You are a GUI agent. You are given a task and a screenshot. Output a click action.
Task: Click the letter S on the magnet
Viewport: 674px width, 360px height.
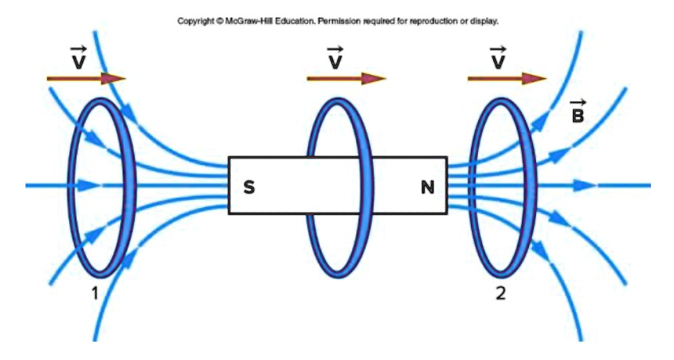click(249, 189)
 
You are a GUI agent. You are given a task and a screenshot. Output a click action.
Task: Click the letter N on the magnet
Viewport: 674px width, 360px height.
click(428, 189)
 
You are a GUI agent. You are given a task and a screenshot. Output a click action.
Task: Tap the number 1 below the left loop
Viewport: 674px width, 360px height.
click(94, 293)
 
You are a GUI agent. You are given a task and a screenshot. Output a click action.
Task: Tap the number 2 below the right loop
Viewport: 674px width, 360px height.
click(500, 293)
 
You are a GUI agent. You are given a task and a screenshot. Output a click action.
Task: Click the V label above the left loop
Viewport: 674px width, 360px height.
click(78, 59)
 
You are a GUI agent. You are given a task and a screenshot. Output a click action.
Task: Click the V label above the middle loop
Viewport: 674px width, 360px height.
click(335, 59)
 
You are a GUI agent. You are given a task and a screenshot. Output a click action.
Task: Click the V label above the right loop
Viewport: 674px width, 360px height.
click(498, 59)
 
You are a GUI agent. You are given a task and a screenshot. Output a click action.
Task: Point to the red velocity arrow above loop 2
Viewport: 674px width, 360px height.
click(507, 78)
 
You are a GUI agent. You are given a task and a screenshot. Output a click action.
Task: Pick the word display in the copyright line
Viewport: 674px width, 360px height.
click(483, 22)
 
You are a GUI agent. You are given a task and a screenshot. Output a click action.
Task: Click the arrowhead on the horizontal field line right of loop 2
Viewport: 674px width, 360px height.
click(586, 186)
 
